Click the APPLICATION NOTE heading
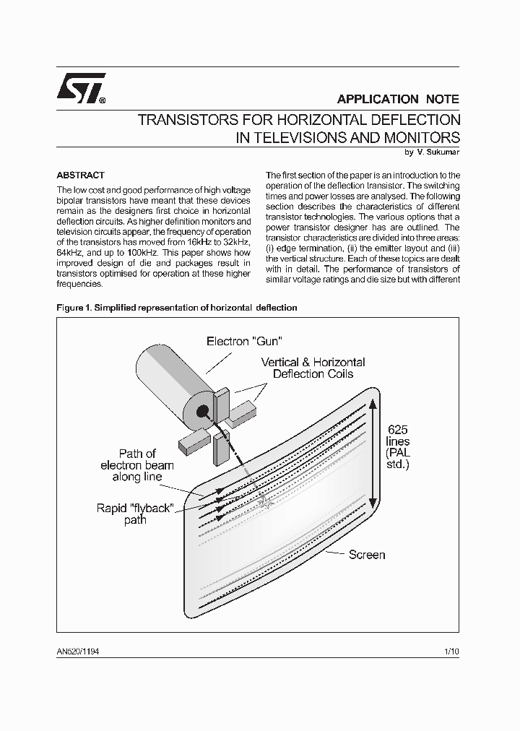pos(398,99)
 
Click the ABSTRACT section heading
pos(80,176)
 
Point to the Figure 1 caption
pos(177,307)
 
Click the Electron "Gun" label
pos(243,341)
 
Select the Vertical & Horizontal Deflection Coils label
pos(313,368)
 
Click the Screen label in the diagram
pos(367,555)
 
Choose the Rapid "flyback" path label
pos(135,514)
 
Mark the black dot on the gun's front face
pos(202,412)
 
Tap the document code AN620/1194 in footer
pos(78,651)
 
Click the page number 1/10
pos(451,651)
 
